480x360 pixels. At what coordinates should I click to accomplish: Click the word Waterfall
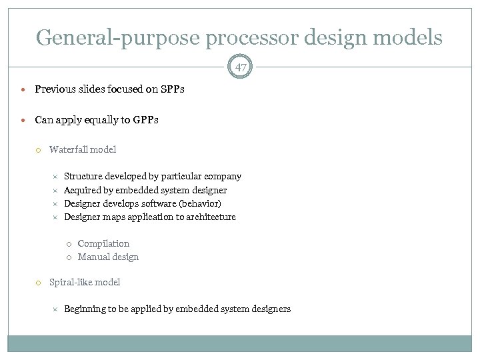[x=69, y=149]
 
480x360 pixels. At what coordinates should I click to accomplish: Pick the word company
[x=223, y=177]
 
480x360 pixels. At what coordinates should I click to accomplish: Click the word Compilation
[x=103, y=243]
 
